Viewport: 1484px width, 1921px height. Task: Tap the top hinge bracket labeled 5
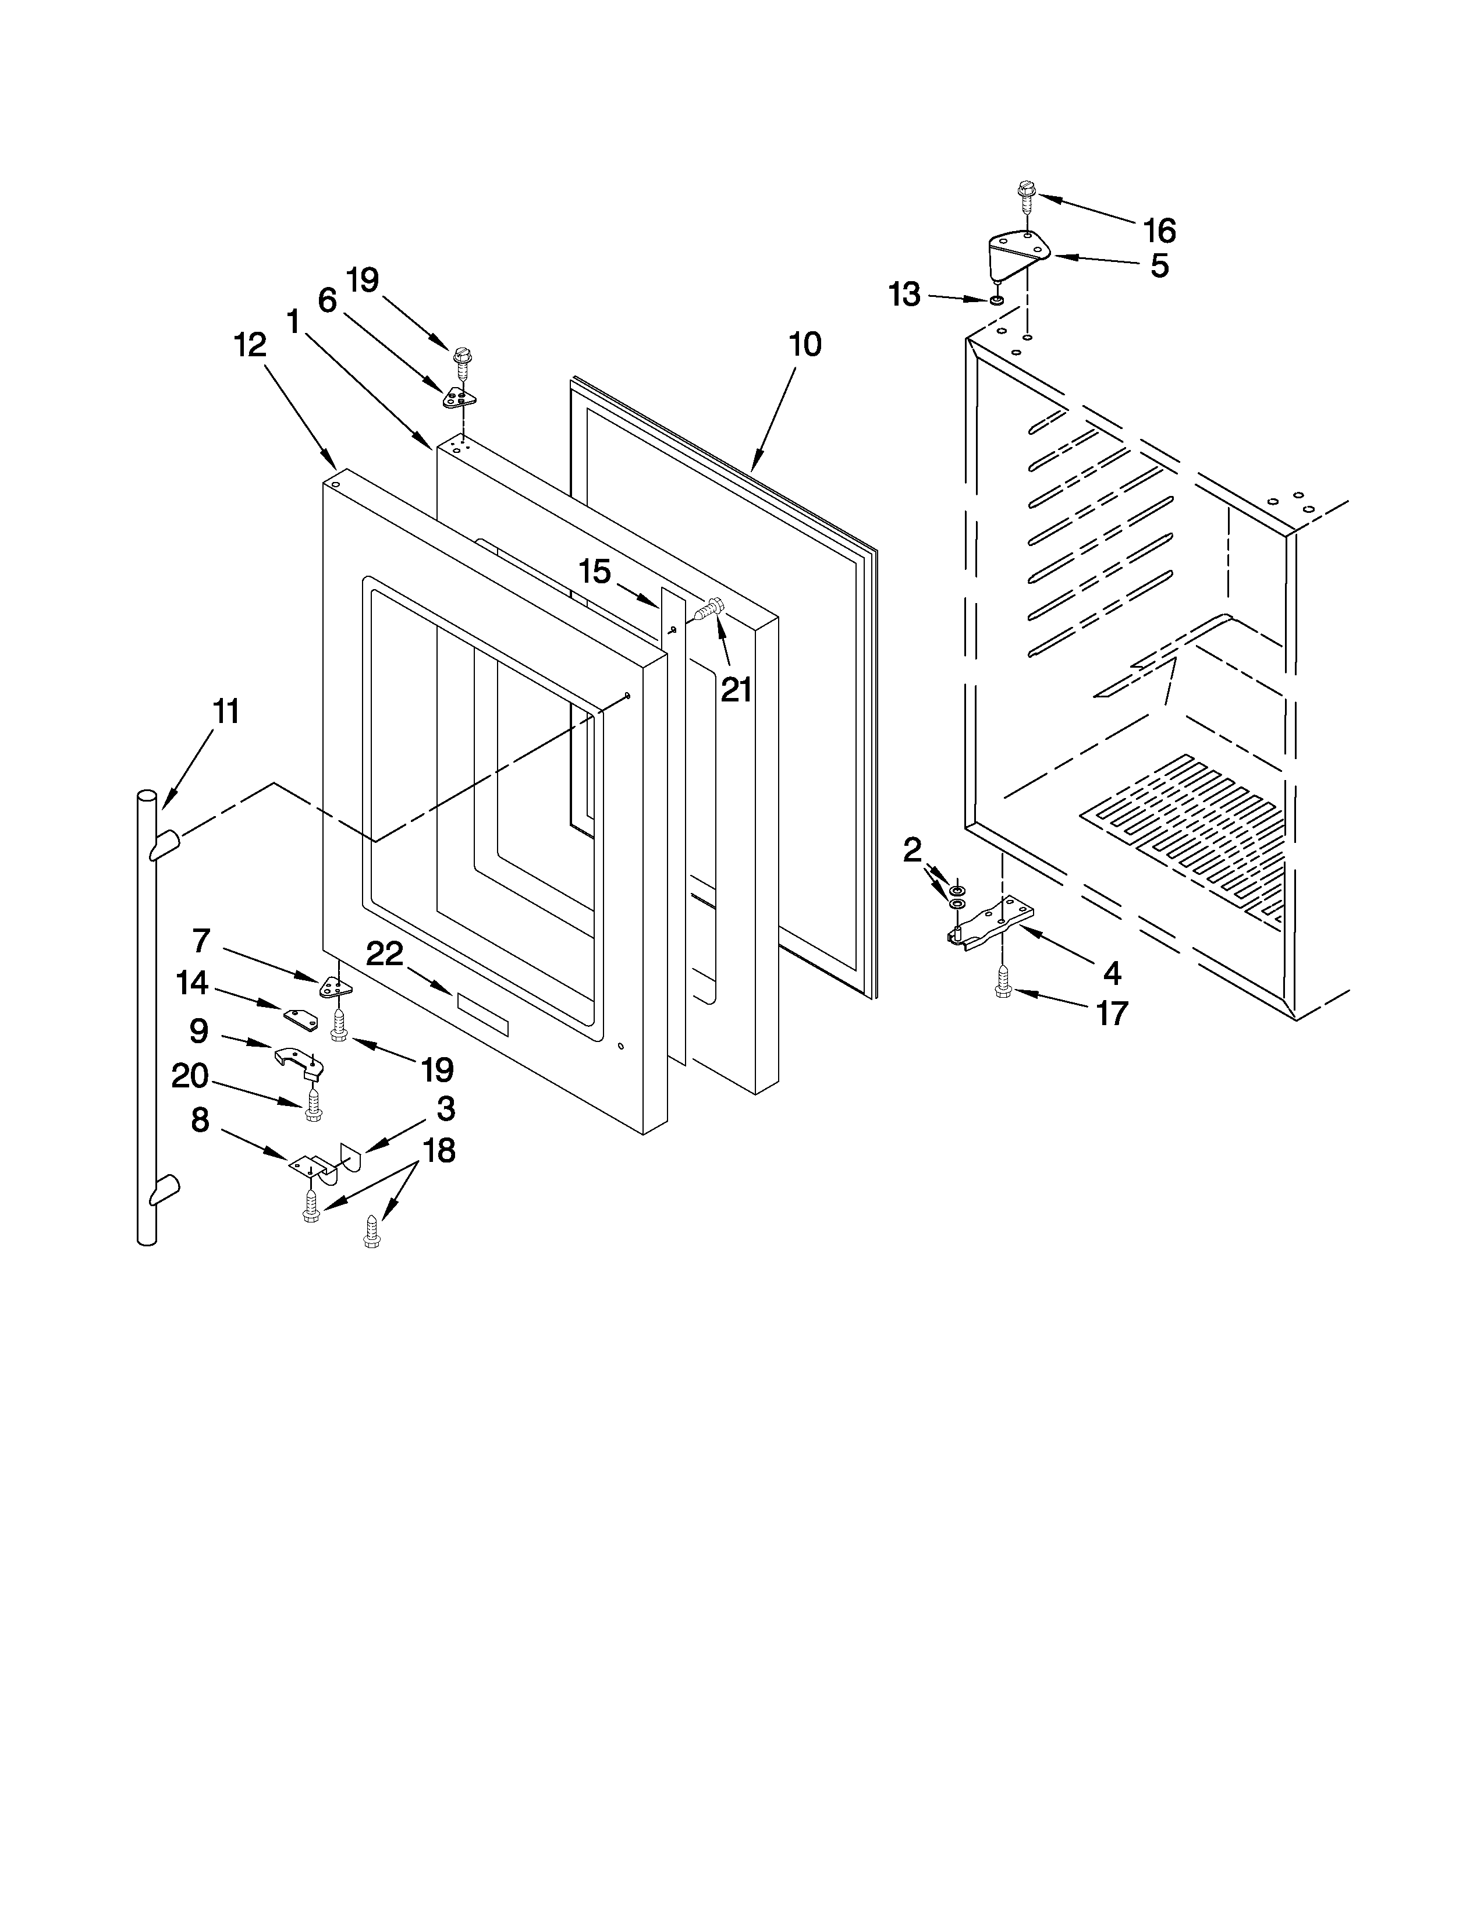click(x=1017, y=251)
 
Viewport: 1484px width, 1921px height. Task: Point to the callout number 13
click(x=904, y=295)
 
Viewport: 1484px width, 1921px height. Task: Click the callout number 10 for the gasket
click(x=804, y=345)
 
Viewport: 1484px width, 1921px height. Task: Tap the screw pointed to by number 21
click(x=709, y=609)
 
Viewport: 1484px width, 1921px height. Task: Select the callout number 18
click(x=439, y=1150)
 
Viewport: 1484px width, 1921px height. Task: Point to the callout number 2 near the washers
click(x=912, y=850)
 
